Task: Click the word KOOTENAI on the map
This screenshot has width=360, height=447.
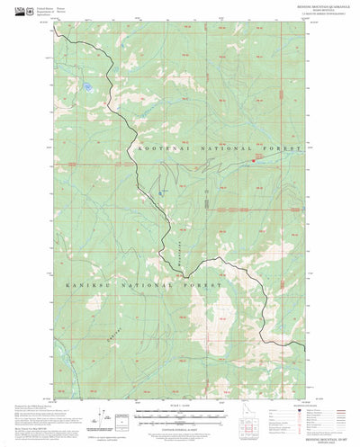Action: click(x=159, y=147)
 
